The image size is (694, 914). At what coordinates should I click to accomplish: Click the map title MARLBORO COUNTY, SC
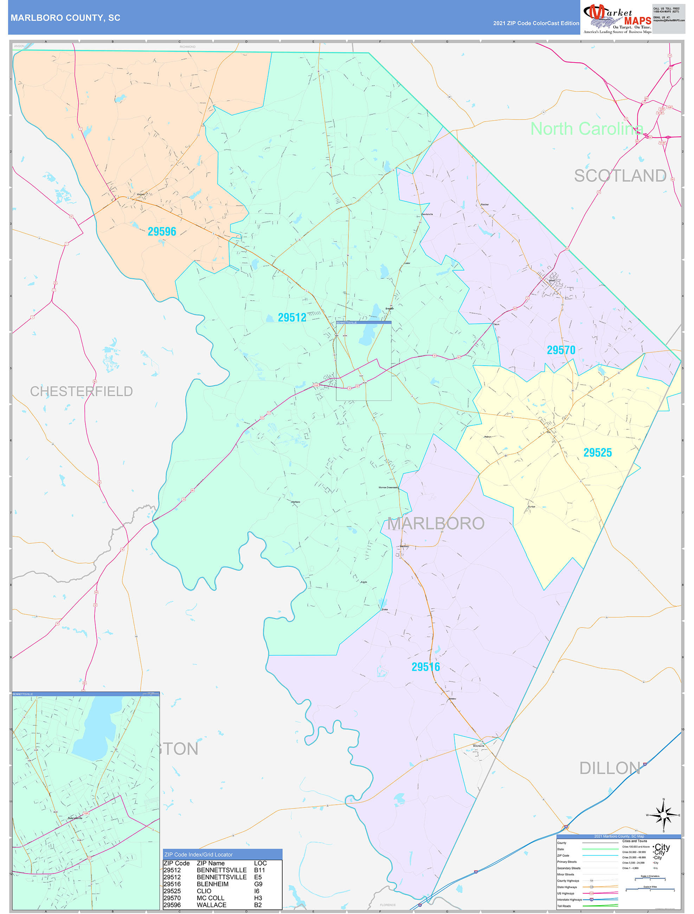[x=65, y=18]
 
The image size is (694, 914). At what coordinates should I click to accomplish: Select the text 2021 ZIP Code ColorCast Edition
[x=536, y=23]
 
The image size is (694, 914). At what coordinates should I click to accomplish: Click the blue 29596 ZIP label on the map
[x=162, y=232]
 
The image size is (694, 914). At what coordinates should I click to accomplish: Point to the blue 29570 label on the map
[x=560, y=350]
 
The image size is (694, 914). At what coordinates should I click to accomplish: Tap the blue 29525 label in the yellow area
[x=597, y=452]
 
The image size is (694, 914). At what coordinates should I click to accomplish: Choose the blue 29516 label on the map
[x=425, y=667]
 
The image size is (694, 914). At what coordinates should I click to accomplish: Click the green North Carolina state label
[x=586, y=129]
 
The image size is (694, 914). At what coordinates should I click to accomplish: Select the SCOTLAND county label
[x=619, y=176]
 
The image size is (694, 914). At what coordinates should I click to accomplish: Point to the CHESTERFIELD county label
[x=82, y=391]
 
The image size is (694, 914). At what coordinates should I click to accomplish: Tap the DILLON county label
[x=610, y=768]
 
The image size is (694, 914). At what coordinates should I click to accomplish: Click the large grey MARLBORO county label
[x=436, y=523]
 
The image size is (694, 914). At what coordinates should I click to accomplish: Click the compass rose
[x=663, y=815]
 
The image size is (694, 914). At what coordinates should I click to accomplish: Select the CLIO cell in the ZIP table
[x=204, y=891]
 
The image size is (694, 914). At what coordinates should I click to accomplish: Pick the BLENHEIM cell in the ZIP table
[x=212, y=884]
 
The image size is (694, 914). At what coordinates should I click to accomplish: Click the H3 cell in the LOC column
[x=258, y=898]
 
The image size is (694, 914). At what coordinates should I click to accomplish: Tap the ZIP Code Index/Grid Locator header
[x=198, y=855]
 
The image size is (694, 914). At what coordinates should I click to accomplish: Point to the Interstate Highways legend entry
[x=569, y=900]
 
